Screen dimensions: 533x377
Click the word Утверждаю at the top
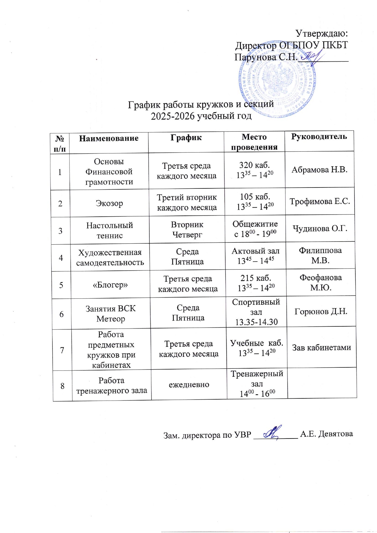pyautogui.click(x=321, y=33)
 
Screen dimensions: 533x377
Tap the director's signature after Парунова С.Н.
pyautogui.click(x=313, y=57)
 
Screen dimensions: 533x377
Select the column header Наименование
pyautogui.click(x=109, y=139)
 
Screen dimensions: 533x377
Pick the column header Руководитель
pyautogui.click(x=319, y=137)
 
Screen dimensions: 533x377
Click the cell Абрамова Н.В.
pyautogui.click(x=319, y=170)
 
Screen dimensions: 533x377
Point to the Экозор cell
pyautogui.click(x=109, y=203)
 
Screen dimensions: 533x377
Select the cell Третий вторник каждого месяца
pyautogui.click(x=187, y=202)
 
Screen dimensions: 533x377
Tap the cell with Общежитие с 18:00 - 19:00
pyautogui.click(x=255, y=229)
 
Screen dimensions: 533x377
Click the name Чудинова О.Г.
pyautogui.click(x=320, y=229)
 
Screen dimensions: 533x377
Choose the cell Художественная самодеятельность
pyautogui.click(x=110, y=257)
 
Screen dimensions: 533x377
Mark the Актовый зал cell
pyautogui.click(x=255, y=256)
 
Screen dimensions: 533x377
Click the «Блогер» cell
pyautogui.click(x=110, y=285)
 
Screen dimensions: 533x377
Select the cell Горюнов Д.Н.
pyautogui.click(x=321, y=312)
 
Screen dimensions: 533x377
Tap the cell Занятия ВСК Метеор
pyautogui.click(x=111, y=314)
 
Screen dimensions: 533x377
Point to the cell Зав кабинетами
pyautogui.click(x=321, y=348)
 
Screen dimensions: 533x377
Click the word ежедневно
pyautogui.click(x=189, y=385)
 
